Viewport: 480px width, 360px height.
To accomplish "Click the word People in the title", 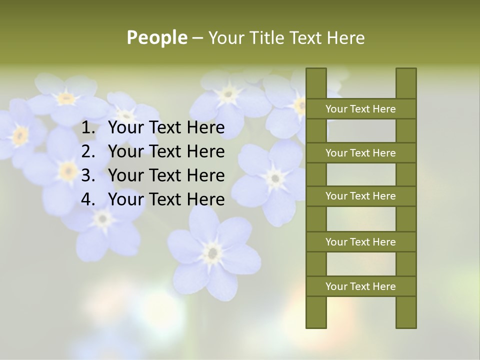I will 157,37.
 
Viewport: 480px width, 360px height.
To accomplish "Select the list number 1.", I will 88,128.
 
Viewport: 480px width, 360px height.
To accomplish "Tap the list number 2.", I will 88,151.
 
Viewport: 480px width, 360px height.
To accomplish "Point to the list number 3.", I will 88,175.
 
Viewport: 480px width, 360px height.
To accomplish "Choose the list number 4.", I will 88,199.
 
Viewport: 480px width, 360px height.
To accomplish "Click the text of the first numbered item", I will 166,128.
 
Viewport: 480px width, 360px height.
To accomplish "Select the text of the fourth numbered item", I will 166,199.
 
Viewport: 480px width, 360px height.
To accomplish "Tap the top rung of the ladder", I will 360,109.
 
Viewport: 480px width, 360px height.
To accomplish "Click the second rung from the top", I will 360,153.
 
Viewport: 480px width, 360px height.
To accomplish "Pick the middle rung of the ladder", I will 360,196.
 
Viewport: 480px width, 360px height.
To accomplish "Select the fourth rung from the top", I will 360,242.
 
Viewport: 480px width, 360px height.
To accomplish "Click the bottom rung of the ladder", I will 360,286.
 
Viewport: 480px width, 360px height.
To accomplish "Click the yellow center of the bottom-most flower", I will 213,252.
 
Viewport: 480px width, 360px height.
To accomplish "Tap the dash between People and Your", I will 197,37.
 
